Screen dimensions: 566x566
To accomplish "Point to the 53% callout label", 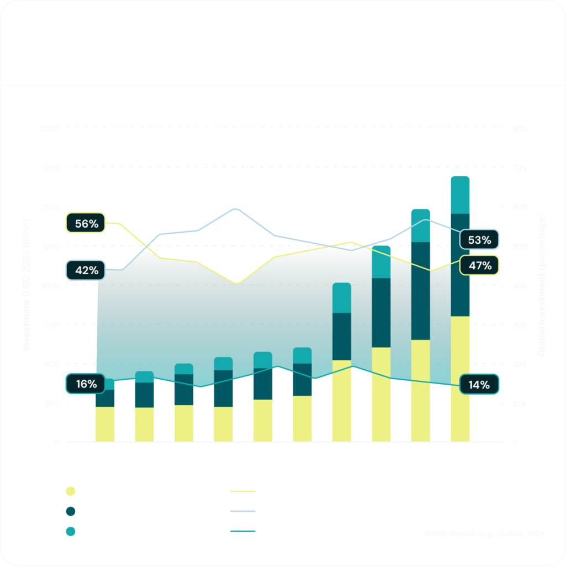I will (479, 240).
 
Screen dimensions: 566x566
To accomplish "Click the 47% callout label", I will (479, 265).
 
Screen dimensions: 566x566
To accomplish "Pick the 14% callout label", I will (479, 385).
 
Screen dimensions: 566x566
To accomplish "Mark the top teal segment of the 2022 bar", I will (421, 226).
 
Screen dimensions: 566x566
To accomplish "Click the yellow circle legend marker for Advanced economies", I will (70, 491).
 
